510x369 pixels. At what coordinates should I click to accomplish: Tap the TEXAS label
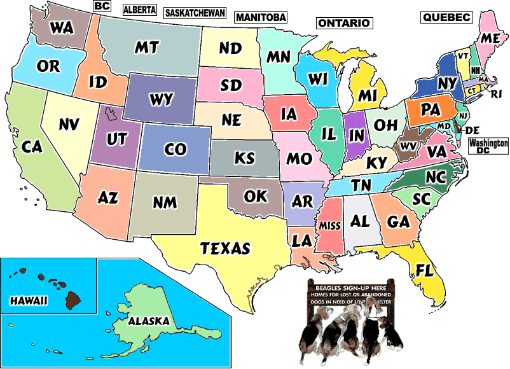[226, 247]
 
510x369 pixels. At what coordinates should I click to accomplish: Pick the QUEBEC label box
[446, 17]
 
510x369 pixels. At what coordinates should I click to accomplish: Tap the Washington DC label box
[488, 146]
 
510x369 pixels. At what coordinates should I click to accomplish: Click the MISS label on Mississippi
[329, 226]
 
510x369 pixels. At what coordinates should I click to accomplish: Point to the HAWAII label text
[29, 300]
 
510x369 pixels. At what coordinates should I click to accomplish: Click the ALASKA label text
[149, 321]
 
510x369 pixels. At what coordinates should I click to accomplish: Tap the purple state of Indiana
[355, 135]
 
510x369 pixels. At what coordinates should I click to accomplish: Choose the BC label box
[101, 6]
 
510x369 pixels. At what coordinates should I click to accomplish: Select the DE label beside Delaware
[472, 130]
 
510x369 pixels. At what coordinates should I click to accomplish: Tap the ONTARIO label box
[343, 23]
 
